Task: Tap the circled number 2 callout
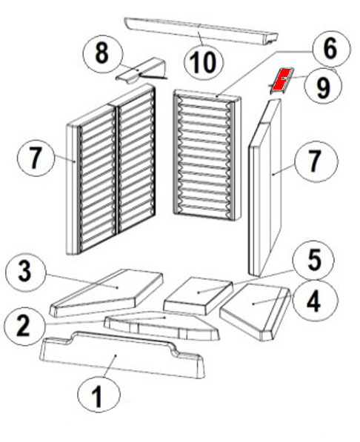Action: (x=23, y=327)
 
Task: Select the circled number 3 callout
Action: (x=25, y=272)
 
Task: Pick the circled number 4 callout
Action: (x=315, y=301)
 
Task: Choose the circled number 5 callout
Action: (x=313, y=261)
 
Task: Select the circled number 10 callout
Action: (x=204, y=62)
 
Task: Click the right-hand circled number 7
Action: (x=316, y=161)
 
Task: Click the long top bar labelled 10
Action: (x=201, y=30)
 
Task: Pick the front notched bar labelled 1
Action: (x=122, y=354)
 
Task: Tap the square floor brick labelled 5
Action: (x=199, y=295)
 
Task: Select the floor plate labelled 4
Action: (x=256, y=310)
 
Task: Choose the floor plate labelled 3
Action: (x=107, y=293)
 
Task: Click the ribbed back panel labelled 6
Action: (x=207, y=155)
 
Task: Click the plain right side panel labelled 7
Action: (x=265, y=187)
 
